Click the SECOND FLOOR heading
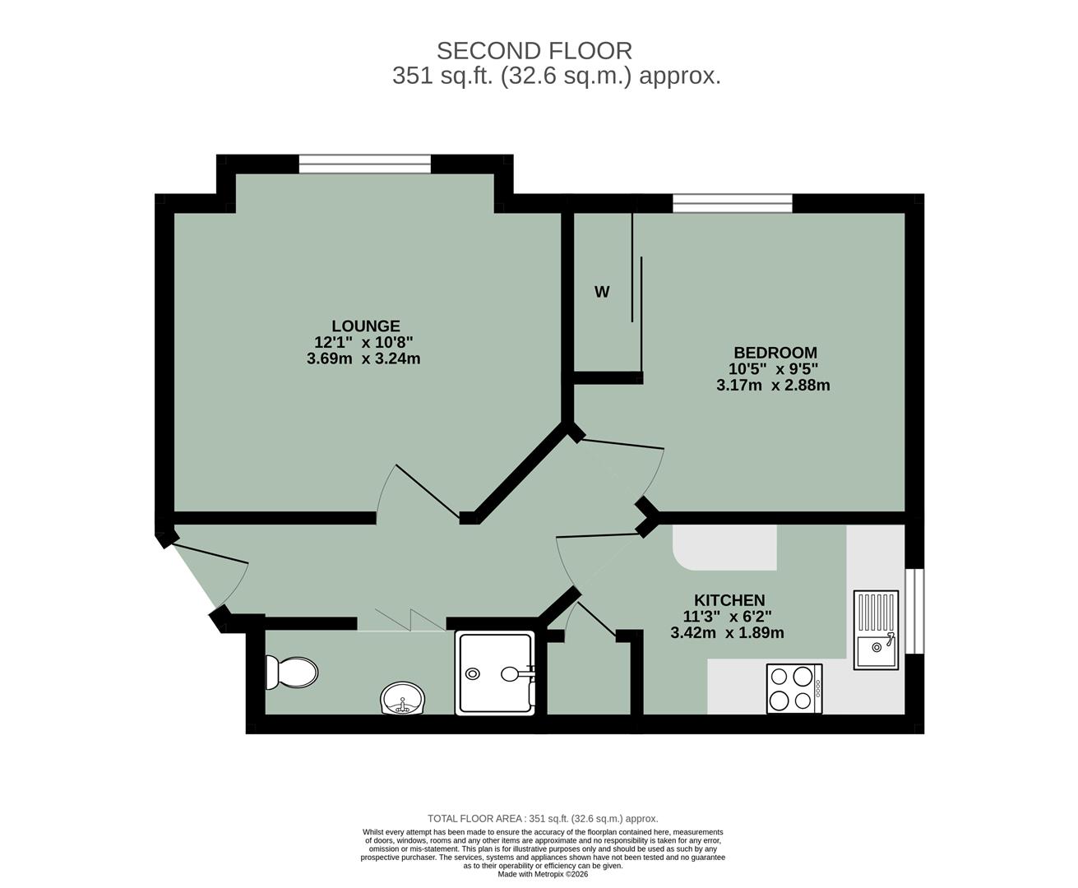[534, 51]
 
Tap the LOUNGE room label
[366, 326]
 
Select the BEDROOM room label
[775, 353]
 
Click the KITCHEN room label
[729, 600]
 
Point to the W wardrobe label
[602, 292]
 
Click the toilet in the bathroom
[291, 673]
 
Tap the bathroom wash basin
[403, 700]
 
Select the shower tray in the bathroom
[496, 673]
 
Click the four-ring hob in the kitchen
[793, 688]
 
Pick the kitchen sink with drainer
[876, 629]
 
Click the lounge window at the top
[364, 164]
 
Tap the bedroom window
[732, 203]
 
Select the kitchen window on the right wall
[914, 610]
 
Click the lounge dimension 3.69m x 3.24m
[363, 358]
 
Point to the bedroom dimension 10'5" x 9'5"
[773, 369]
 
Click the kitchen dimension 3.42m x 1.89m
[727, 633]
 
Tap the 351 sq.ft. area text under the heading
[557, 76]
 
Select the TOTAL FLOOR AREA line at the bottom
[543, 818]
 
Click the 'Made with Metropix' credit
[543, 873]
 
